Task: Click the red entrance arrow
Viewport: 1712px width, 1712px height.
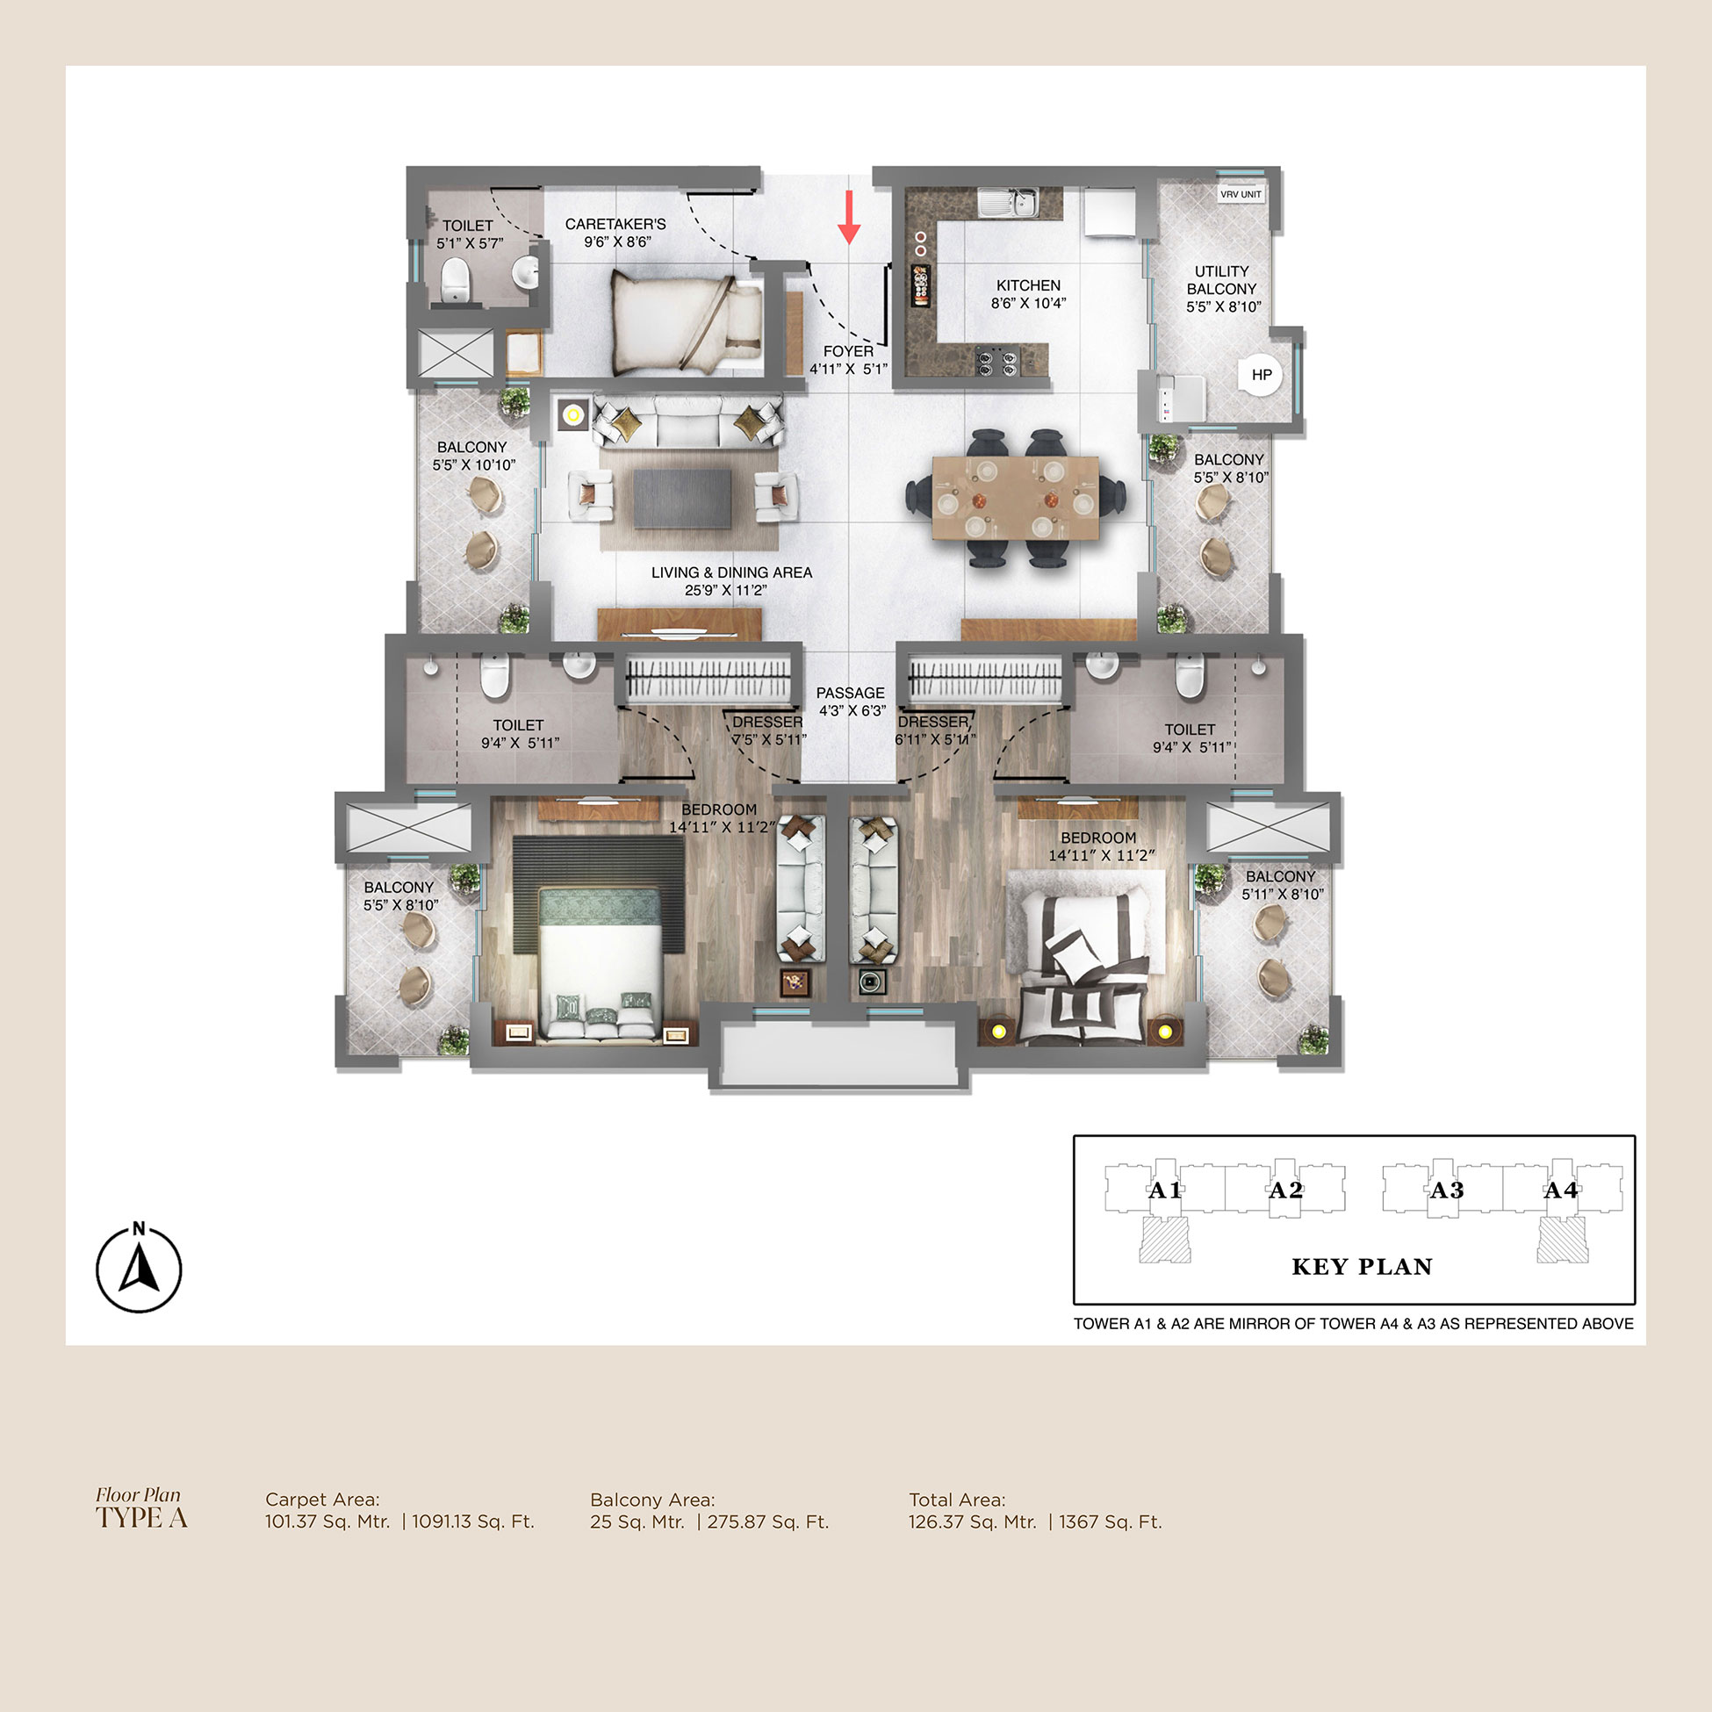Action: click(849, 217)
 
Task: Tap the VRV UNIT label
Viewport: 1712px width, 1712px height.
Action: click(1241, 194)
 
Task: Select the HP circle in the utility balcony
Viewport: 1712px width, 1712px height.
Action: click(1261, 375)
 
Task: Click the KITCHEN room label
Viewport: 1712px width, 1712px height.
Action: click(1028, 285)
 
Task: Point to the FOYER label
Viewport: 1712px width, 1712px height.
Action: click(848, 352)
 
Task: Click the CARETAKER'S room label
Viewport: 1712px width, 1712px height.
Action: click(615, 224)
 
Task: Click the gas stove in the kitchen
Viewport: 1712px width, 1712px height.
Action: click(997, 361)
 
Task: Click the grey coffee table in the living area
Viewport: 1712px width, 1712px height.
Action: click(682, 499)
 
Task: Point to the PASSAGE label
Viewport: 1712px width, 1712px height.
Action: click(851, 693)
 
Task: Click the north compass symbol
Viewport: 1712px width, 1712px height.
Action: click(139, 1268)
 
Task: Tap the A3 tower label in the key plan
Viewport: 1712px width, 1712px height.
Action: click(1446, 1190)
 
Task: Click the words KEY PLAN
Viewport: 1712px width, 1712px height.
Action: click(1362, 1266)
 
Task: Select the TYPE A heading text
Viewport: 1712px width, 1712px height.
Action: click(141, 1519)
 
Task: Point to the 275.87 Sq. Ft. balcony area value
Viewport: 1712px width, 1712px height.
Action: click(768, 1522)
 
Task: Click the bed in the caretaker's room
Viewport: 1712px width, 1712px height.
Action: click(687, 323)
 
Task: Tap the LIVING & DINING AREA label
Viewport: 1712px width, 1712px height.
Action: click(732, 572)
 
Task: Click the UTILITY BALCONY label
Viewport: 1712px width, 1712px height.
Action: click(1222, 280)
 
